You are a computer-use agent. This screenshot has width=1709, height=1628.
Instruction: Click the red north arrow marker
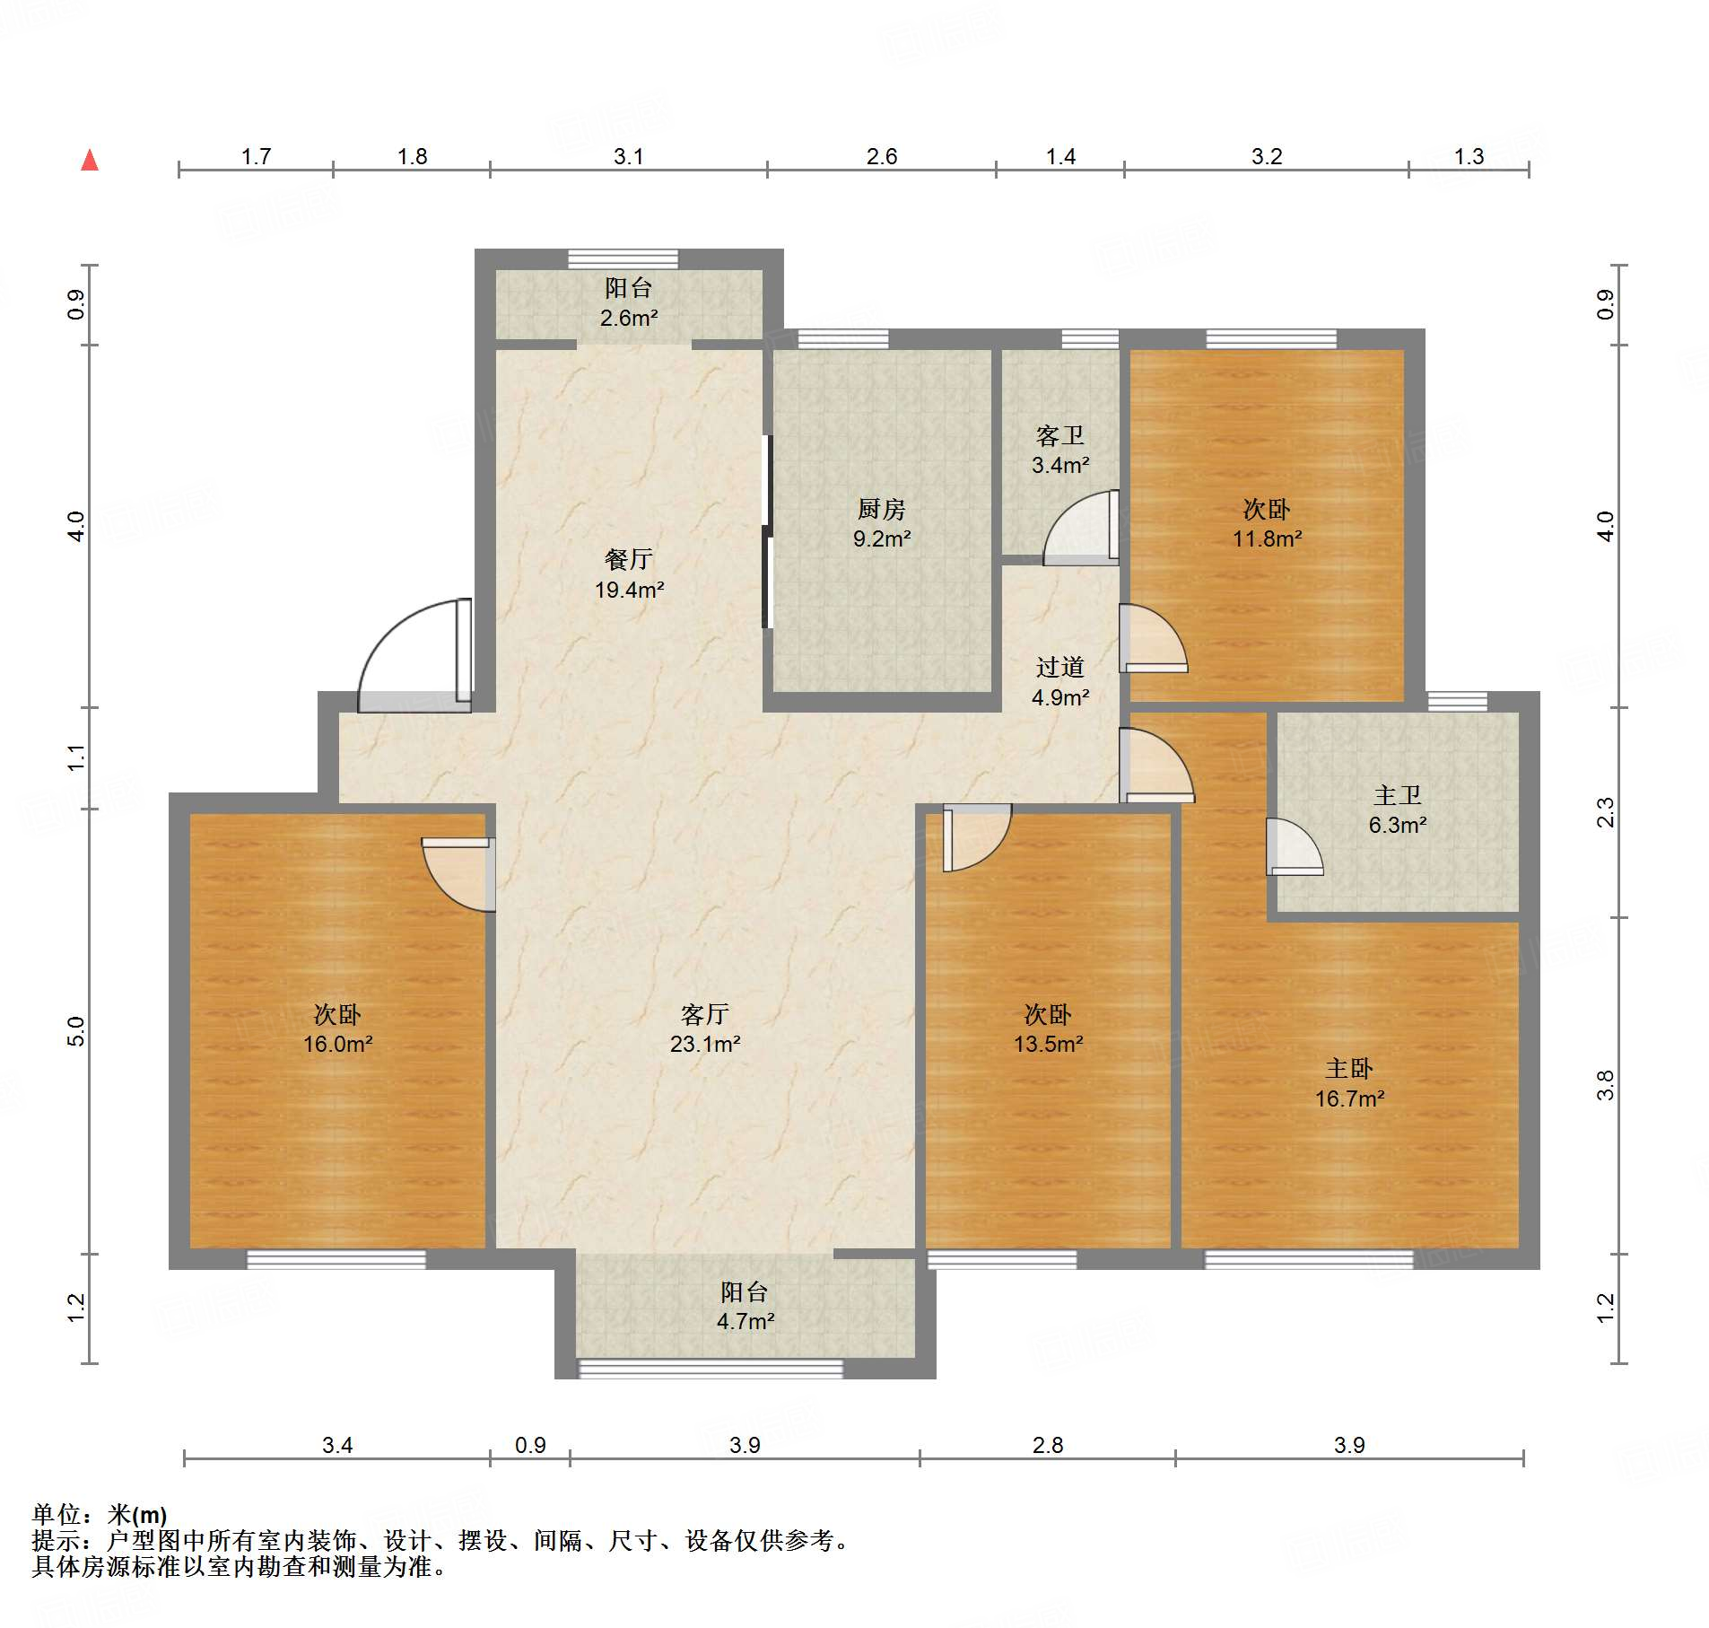pyautogui.click(x=90, y=161)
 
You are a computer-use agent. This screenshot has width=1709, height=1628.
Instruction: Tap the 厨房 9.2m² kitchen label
pyautogui.click(x=881, y=523)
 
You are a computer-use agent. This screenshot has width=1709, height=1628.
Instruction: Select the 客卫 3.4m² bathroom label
pyautogui.click(x=1059, y=450)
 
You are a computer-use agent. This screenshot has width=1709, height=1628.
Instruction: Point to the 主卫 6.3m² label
pyautogui.click(x=1397, y=810)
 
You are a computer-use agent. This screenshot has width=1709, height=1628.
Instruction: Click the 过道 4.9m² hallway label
pyautogui.click(x=1059, y=681)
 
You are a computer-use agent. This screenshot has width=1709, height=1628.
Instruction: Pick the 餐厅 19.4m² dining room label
pyautogui.click(x=629, y=573)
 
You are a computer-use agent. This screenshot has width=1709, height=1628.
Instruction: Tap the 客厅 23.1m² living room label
pyautogui.click(x=704, y=1028)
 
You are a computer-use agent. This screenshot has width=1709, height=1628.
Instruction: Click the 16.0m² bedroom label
pyautogui.click(x=337, y=1028)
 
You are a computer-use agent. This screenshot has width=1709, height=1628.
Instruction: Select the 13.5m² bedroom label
pyautogui.click(x=1048, y=1028)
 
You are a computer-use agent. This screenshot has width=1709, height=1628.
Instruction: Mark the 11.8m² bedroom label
pyautogui.click(x=1266, y=523)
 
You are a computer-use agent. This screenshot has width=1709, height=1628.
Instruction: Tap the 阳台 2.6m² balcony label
pyautogui.click(x=628, y=302)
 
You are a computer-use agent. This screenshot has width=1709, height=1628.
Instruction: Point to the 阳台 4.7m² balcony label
pyautogui.click(x=745, y=1306)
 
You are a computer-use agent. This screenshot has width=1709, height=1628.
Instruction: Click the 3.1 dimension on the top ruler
pyautogui.click(x=628, y=157)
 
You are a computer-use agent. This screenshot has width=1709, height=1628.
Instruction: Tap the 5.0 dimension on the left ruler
pyautogui.click(x=76, y=1031)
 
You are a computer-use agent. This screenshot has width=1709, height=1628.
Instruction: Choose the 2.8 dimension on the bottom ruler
pyautogui.click(x=1047, y=1445)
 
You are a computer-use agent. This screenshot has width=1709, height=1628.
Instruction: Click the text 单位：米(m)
pyautogui.click(x=100, y=1515)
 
